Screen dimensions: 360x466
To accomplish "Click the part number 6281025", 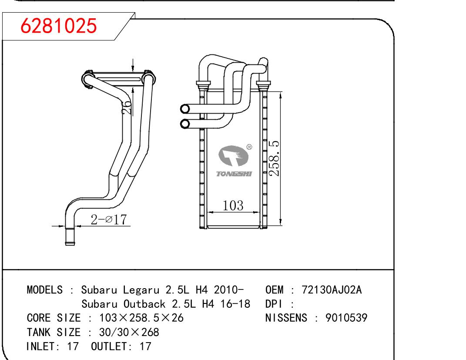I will point(59,27).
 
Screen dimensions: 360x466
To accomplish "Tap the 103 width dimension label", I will point(233,206).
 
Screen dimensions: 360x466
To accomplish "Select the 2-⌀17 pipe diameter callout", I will point(108,220).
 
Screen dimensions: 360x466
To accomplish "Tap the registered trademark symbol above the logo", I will point(249,147).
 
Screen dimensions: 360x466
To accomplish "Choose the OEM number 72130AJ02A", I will point(332,290).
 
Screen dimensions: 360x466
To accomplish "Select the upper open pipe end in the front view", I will point(184,108).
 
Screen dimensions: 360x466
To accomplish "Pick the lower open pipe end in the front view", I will point(184,124).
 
